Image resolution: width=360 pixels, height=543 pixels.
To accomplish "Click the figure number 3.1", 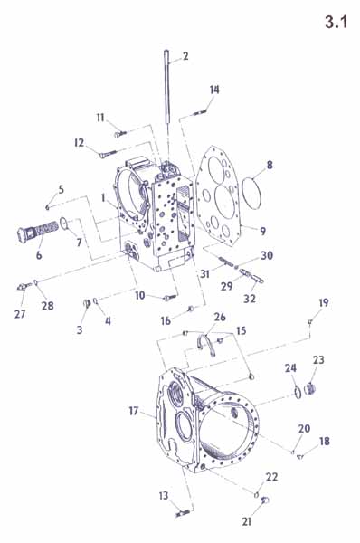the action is coord(336,22).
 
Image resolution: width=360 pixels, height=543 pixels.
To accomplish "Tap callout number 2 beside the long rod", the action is coord(185,56).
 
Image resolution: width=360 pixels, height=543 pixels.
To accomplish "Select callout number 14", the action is coord(214,90).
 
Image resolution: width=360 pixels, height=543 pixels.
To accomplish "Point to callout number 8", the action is coord(270,165).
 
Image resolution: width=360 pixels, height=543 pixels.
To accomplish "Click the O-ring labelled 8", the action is coord(242,194).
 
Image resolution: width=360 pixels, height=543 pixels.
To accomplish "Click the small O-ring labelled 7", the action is coord(63,224).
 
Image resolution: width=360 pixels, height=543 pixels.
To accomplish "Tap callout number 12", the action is coord(80,142).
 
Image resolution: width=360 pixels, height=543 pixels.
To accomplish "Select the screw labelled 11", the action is coord(120,133).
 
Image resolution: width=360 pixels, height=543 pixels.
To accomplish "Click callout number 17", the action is coord(134,411).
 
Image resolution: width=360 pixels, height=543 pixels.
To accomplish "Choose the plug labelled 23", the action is coord(310,389).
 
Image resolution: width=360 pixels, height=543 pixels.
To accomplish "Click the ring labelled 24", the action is coord(298,392).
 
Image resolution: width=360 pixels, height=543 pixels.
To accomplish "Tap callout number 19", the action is coord(323,302).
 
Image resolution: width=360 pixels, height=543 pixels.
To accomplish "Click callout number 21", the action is coord(246,521).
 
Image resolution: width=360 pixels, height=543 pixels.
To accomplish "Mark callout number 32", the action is coord(250,298).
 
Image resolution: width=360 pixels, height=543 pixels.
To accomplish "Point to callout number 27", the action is coord(20,314).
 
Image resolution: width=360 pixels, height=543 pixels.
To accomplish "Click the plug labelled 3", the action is coord(87,303).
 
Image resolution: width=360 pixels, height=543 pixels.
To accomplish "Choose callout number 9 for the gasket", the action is coord(262,231).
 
